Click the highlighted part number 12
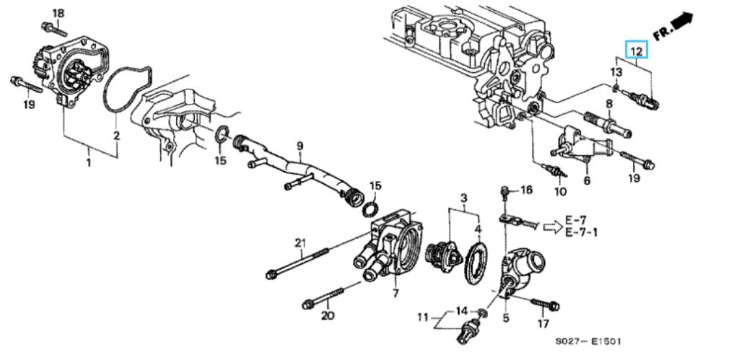coord(637,51)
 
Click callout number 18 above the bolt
coord(58,13)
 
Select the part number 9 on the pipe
coord(299,146)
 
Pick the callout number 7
coord(395,293)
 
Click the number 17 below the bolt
coord(544,324)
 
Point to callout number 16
coord(526,190)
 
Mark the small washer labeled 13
coord(613,89)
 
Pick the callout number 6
coord(586,180)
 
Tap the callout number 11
coord(423,317)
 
